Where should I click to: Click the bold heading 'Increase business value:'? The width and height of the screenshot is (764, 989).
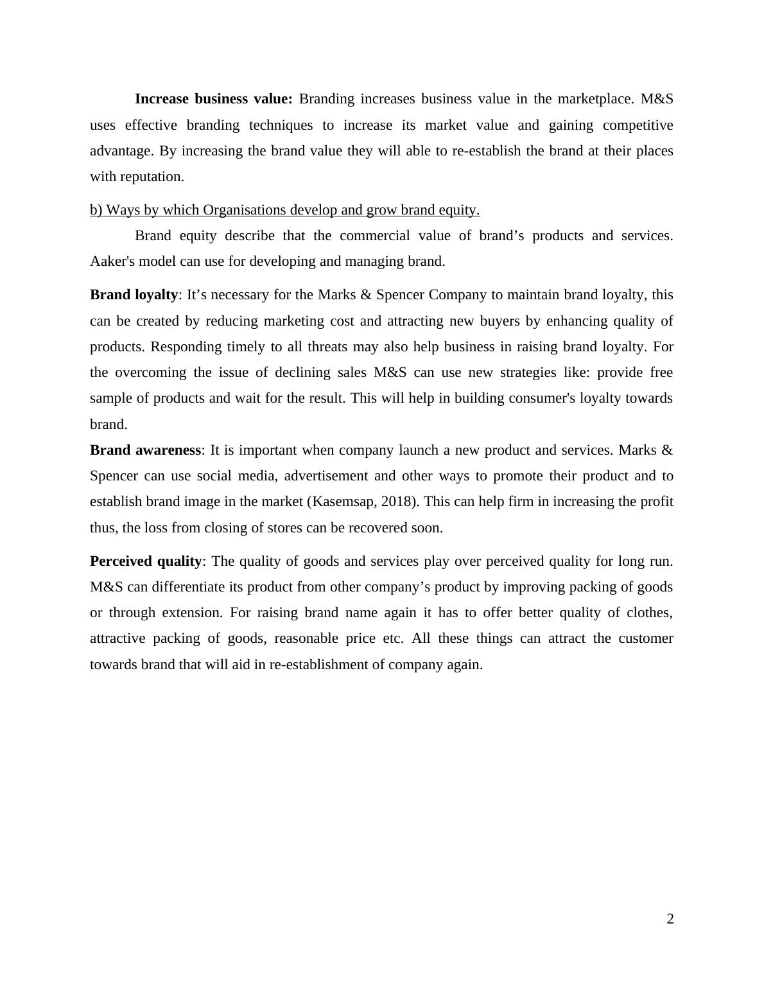click(x=213, y=99)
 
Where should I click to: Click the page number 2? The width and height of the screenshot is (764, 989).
click(x=670, y=919)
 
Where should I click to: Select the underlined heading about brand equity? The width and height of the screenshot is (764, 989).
click(x=284, y=210)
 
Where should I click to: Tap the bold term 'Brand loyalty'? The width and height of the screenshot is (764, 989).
click(x=134, y=295)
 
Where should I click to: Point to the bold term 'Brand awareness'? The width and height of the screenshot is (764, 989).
click(x=145, y=450)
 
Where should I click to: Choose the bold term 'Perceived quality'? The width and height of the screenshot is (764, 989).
click(x=146, y=561)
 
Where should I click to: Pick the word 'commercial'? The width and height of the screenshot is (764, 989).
click(x=374, y=236)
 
